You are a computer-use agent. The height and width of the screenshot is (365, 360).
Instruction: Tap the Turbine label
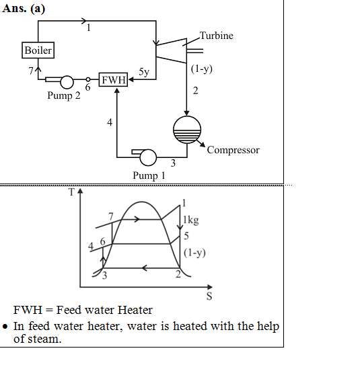217,36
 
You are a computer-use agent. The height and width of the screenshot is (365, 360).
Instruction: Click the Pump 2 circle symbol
67,82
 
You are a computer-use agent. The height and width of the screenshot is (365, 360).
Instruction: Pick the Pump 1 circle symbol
148,157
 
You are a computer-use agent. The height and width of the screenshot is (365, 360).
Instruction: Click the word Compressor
233,150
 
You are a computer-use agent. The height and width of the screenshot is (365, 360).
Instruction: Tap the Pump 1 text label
149,175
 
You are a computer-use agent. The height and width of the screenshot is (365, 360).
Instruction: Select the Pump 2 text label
64,95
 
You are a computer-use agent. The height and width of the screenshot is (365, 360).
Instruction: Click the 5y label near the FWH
144,72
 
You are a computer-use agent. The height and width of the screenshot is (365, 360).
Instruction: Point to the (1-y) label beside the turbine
202,69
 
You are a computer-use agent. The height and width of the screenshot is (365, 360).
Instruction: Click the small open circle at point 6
88,79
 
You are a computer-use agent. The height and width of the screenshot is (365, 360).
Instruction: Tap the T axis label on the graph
71,192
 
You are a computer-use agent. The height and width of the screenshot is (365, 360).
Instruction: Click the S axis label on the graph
209,296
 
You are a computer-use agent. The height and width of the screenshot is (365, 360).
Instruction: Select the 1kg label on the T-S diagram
191,220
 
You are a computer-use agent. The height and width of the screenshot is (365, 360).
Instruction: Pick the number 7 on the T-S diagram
111,216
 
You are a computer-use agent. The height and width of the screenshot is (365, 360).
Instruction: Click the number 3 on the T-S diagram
104,276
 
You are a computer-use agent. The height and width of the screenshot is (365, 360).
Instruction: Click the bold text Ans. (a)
24,9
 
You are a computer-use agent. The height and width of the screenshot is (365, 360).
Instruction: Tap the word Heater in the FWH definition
135,310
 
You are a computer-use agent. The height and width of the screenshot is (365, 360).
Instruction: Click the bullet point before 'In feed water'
5,327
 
